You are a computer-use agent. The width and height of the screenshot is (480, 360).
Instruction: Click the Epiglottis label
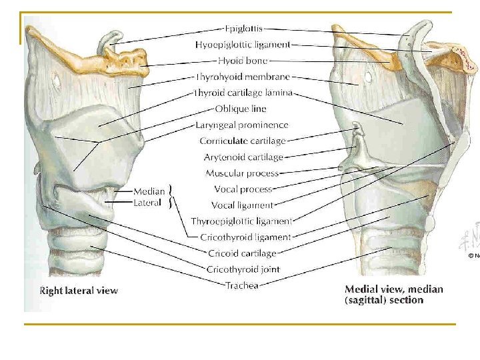point(243,29)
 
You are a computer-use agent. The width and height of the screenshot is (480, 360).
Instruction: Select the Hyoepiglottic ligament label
point(243,45)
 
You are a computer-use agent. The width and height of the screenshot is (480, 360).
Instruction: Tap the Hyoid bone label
point(243,61)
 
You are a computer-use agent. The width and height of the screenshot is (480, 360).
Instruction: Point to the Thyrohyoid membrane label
point(243,77)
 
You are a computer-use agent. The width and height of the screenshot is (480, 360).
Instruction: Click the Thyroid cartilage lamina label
point(243,93)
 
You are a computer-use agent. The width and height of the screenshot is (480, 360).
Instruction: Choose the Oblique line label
point(241,109)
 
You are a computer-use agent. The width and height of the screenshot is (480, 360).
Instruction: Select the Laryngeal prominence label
point(242,125)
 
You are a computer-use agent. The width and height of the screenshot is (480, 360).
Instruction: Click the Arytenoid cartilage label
point(243,157)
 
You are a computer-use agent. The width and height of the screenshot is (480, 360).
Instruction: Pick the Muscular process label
point(243,173)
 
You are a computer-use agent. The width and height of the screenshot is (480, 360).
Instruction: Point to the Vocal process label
point(243,189)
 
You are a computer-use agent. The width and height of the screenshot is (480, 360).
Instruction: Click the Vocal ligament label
point(243,205)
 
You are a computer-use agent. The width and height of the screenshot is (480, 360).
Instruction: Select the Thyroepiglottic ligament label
point(242,221)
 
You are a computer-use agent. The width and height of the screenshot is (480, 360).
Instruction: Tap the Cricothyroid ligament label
point(245,237)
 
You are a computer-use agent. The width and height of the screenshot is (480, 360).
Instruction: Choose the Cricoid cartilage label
point(241,253)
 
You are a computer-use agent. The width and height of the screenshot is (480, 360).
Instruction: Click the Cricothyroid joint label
point(243,269)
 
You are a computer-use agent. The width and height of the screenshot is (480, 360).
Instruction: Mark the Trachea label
point(242,285)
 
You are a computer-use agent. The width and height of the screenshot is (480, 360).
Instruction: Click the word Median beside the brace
point(149,192)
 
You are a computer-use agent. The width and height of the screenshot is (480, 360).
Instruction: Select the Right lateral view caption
point(79,290)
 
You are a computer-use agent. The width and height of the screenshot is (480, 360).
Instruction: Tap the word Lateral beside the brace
point(147,203)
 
